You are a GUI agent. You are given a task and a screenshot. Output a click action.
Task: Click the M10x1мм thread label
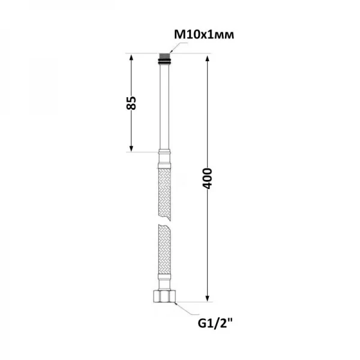[204, 35]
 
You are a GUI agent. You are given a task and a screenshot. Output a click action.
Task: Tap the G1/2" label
[215, 324]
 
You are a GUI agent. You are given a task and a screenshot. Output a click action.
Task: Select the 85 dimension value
[131, 103]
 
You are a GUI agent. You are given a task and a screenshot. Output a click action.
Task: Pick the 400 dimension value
[208, 178]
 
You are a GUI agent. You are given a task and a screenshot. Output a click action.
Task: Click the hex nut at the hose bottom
[164, 296]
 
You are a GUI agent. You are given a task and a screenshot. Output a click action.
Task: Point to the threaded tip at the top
[164, 56]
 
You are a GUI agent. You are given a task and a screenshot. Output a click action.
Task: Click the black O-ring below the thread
[164, 61]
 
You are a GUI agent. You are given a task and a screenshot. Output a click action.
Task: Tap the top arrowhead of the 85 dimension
[131, 57]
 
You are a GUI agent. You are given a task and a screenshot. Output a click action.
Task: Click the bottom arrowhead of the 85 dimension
[131, 149]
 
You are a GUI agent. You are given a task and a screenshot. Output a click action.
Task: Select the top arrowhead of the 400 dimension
[208, 59]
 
